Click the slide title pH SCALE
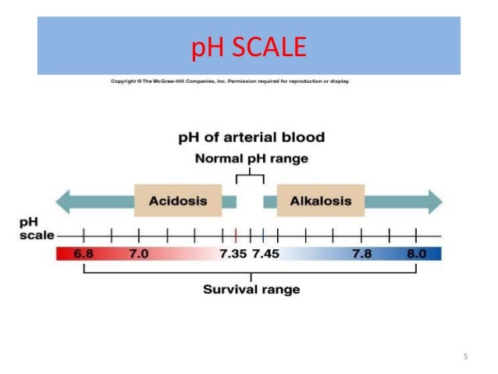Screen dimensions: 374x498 click(248, 48)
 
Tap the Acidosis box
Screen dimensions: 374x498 click(178, 201)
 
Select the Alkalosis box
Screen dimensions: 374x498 click(321, 201)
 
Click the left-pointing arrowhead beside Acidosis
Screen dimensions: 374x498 click(69, 201)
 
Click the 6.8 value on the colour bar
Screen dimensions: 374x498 click(84, 254)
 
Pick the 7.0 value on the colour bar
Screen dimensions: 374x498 click(139, 254)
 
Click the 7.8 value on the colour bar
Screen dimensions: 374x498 click(361, 254)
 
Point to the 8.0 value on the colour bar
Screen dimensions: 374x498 click(416, 254)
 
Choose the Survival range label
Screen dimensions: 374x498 click(251, 289)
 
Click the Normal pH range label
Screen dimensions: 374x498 click(251, 159)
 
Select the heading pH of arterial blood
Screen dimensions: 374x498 click(251, 138)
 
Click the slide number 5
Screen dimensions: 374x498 click(466, 358)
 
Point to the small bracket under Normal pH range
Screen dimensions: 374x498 click(250, 176)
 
